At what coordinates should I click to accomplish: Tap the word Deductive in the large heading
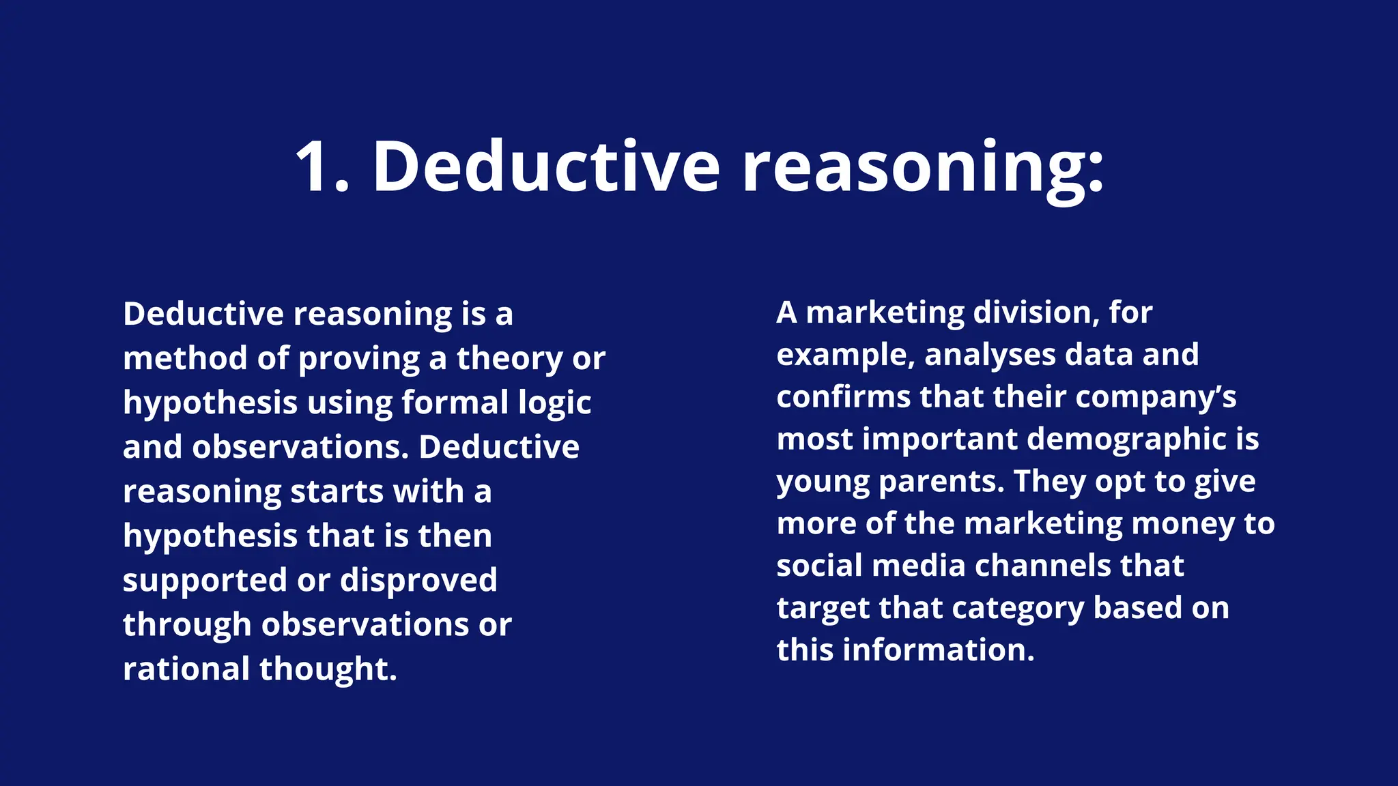pos(546,167)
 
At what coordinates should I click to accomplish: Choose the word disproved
pos(418,581)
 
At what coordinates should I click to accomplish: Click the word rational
pos(186,669)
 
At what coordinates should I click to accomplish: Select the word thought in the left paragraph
pos(328,669)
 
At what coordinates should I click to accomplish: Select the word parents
pos(941,482)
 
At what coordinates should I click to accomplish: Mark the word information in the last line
pos(939,650)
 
